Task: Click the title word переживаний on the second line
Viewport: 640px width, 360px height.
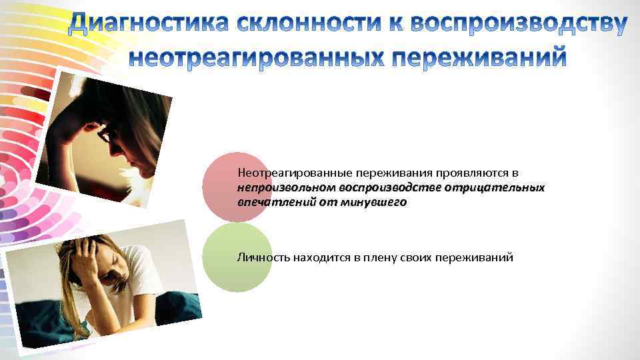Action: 479,57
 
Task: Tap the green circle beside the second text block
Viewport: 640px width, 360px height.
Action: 237,257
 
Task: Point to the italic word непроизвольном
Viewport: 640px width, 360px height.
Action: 286,187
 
